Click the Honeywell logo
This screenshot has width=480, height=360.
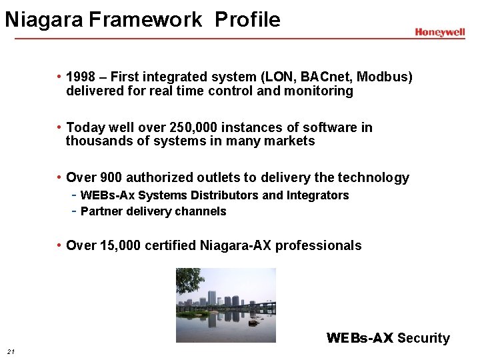click(x=439, y=32)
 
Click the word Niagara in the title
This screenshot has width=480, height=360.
click(x=44, y=20)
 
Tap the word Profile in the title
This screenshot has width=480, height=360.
click(x=247, y=20)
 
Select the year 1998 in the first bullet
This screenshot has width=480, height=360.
click(x=81, y=77)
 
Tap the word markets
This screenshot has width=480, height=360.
click(x=290, y=141)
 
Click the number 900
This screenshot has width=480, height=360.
click(x=111, y=177)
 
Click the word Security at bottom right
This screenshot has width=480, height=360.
click(x=423, y=338)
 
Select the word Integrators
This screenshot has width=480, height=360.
click(x=317, y=195)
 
